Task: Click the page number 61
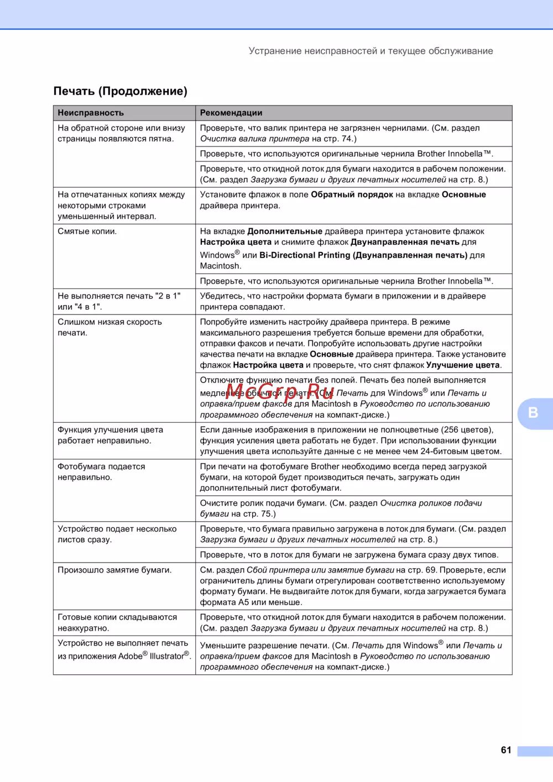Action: (x=506, y=750)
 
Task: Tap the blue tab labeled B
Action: (x=533, y=413)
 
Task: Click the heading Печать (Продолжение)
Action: (x=120, y=91)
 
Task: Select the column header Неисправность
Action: (x=91, y=113)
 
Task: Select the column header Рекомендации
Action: (x=231, y=113)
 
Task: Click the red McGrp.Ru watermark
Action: (x=280, y=392)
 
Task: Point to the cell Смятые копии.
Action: (x=87, y=232)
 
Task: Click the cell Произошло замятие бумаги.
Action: (x=114, y=570)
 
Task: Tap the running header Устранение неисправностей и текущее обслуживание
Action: (x=371, y=51)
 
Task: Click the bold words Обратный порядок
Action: (x=352, y=195)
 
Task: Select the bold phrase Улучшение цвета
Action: (x=463, y=365)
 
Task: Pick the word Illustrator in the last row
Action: (x=166, y=657)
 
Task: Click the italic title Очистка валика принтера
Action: (x=254, y=139)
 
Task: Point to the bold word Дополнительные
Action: (x=285, y=232)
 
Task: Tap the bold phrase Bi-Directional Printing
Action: (x=305, y=255)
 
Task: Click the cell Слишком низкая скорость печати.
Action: (x=109, y=327)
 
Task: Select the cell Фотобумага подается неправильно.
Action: (x=101, y=472)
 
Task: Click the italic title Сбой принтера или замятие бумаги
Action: (x=320, y=570)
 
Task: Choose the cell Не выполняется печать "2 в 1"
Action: (x=119, y=301)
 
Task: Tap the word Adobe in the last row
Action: (x=131, y=657)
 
